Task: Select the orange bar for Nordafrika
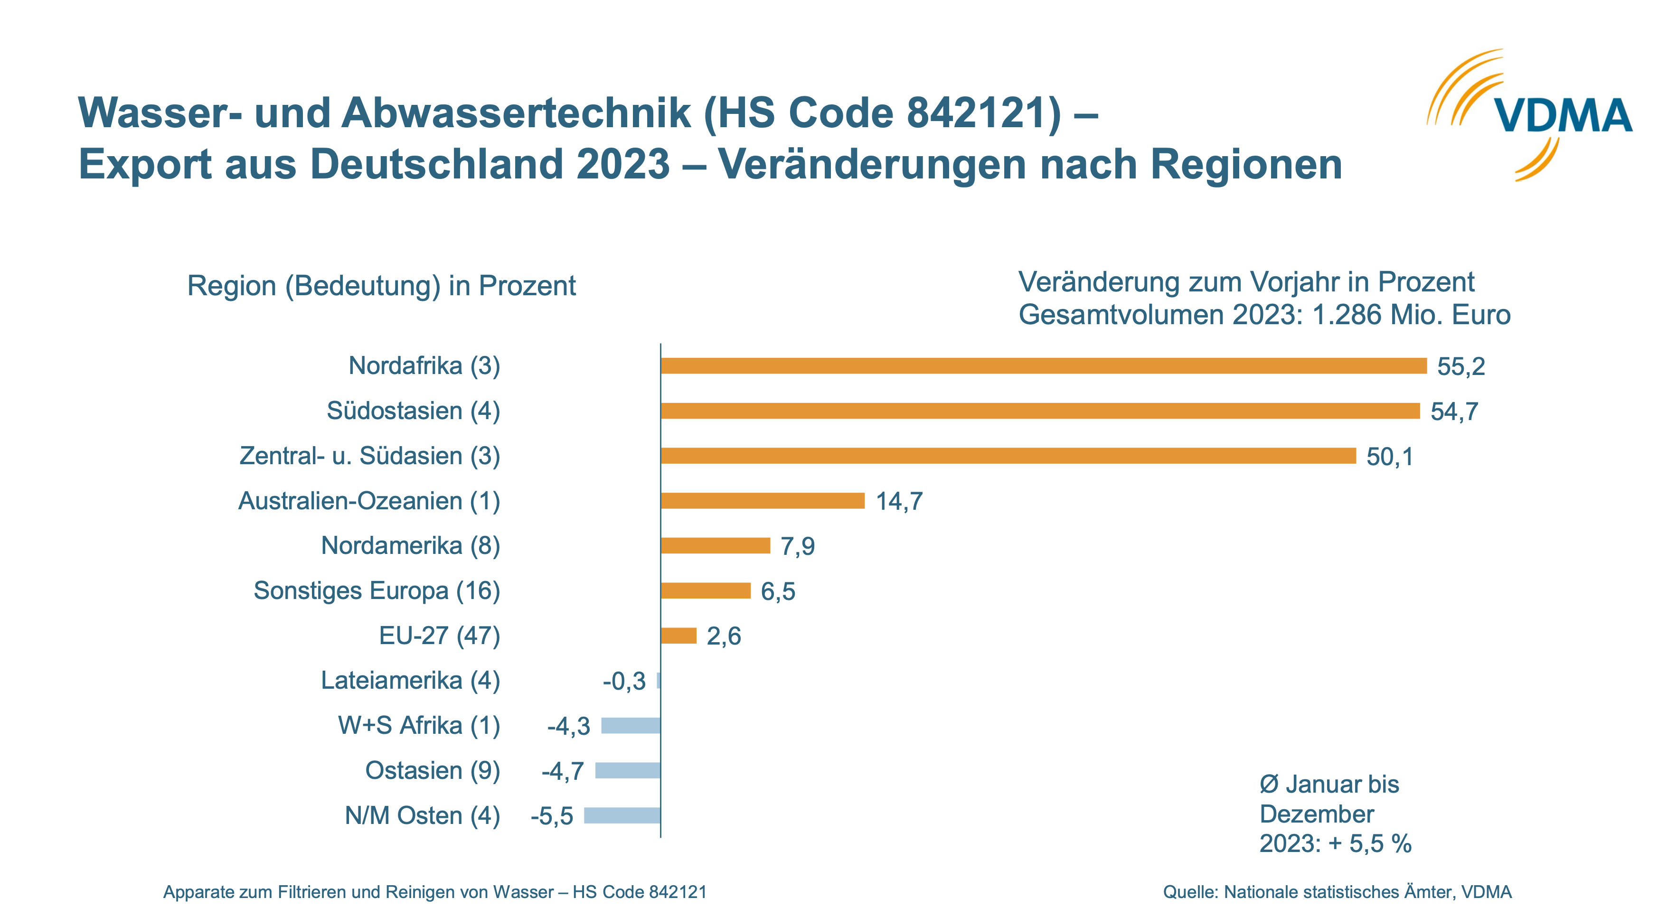pos(1043,365)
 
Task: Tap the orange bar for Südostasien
pos(1039,411)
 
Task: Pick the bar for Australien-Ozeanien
pos(763,501)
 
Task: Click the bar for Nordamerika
pos(715,546)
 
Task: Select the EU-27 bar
pos(678,636)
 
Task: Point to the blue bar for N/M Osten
pos(622,815)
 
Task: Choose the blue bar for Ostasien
pos(628,770)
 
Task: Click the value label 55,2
pos(1461,366)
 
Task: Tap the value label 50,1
pos(1390,456)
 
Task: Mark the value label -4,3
pos(568,726)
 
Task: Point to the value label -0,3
pos(624,681)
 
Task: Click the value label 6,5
pos(778,591)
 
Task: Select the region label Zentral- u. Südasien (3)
pos(369,456)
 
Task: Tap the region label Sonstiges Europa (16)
pos(377,591)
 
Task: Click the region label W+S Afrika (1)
pos(419,725)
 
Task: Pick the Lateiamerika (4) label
pos(410,680)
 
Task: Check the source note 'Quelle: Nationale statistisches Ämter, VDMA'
pos(1337,892)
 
